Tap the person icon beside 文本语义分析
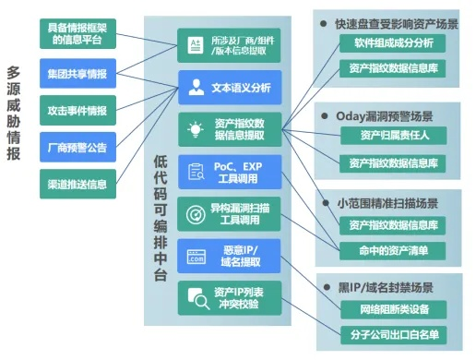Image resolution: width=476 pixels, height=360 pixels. [195, 89]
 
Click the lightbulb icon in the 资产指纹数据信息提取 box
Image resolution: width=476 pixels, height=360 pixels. [195, 129]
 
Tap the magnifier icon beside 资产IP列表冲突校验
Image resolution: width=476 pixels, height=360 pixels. [196, 297]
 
